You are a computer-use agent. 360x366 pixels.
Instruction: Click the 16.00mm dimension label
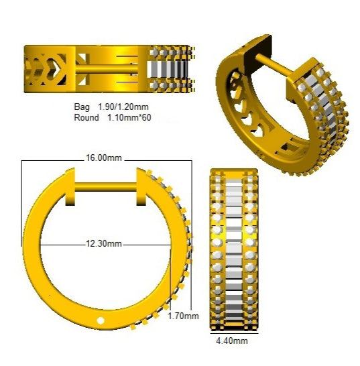pyautogui.click(x=104, y=158)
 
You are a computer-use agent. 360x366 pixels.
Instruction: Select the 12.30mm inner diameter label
pyautogui.click(x=104, y=244)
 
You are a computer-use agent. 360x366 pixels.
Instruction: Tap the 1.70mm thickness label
pyautogui.click(x=183, y=316)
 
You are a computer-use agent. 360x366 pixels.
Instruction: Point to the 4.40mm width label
pyautogui.click(x=232, y=341)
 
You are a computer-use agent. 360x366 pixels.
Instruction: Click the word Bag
pyautogui.click(x=82, y=107)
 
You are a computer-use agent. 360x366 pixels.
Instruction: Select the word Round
pyautogui.click(x=86, y=117)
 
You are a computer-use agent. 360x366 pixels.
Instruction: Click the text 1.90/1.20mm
pyautogui.click(x=123, y=107)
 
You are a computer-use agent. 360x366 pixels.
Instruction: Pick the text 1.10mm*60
pyautogui.click(x=129, y=117)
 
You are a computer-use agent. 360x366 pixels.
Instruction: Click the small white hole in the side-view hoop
pyautogui.click(x=101, y=320)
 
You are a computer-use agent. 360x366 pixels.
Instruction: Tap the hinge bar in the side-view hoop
pyautogui.click(x=105, y=187)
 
